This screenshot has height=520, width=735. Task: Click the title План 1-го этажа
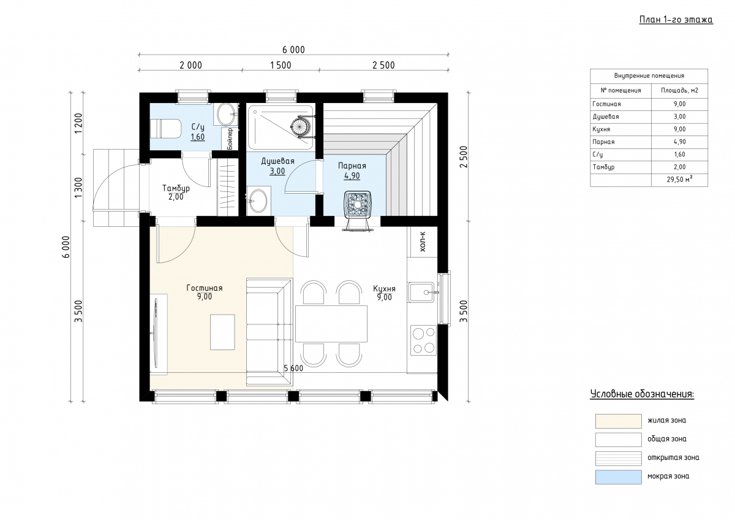coord(676,20)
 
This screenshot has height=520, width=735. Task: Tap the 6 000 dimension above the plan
coord(293,50)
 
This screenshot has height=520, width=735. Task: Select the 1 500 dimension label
coord(281,66)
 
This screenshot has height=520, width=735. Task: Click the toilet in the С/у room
coord(166,129)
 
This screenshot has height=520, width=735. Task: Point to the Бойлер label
coord(230,139)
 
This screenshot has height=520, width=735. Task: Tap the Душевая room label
coord(277,161)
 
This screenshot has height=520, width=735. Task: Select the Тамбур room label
coord(176,188)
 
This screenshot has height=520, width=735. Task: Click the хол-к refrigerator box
coord(422,242)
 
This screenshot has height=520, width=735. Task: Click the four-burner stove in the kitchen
coord(424,340)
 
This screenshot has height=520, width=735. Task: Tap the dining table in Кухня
coord(331,324)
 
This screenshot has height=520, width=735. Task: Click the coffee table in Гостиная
coord(222,332)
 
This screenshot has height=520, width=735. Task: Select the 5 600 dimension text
coord(293,369)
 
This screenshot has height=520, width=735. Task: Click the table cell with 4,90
coord(679,142)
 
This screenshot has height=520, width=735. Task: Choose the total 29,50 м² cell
coord(679,180)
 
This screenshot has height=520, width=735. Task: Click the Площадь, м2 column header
coord(679,91)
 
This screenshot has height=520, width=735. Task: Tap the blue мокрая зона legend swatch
coord(619,477)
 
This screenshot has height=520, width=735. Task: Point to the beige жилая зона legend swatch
coord(619,421)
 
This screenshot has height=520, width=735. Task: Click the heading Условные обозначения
coord(642,394)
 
